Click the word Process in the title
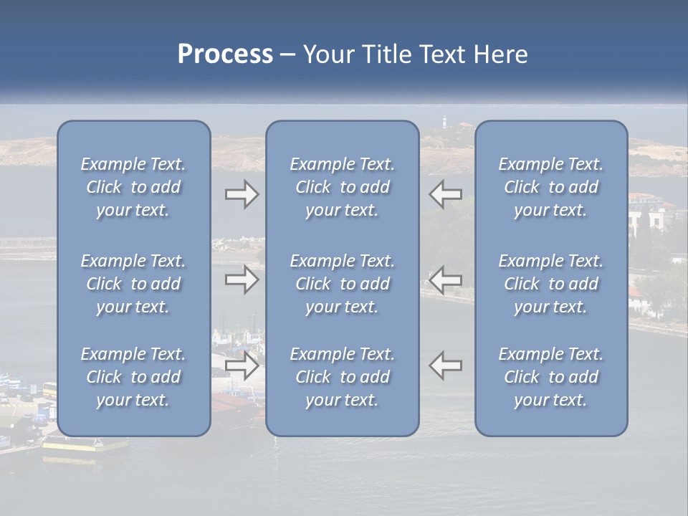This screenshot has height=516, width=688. [225, 54]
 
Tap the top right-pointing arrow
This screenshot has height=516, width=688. [242, 195]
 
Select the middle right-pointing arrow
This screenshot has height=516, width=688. [242, 279]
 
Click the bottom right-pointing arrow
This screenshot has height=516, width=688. [242, 365]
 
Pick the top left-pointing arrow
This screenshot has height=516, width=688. [445, 195]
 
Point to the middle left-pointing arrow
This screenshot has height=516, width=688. [445, 279]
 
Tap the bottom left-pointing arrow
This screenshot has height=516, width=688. [445, 365]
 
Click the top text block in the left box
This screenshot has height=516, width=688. [133, 187]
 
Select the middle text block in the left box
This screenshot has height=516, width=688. [133, 284]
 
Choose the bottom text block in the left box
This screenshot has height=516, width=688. [133, 377]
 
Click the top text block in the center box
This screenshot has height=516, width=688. [342, 187]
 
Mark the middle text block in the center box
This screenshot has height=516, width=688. [342, 284]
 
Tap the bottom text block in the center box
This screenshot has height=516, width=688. [342, 377]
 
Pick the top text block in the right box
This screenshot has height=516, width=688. [550, 187]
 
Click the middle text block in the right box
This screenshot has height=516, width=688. [550, 284]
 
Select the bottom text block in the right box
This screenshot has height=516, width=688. [550, 377]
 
